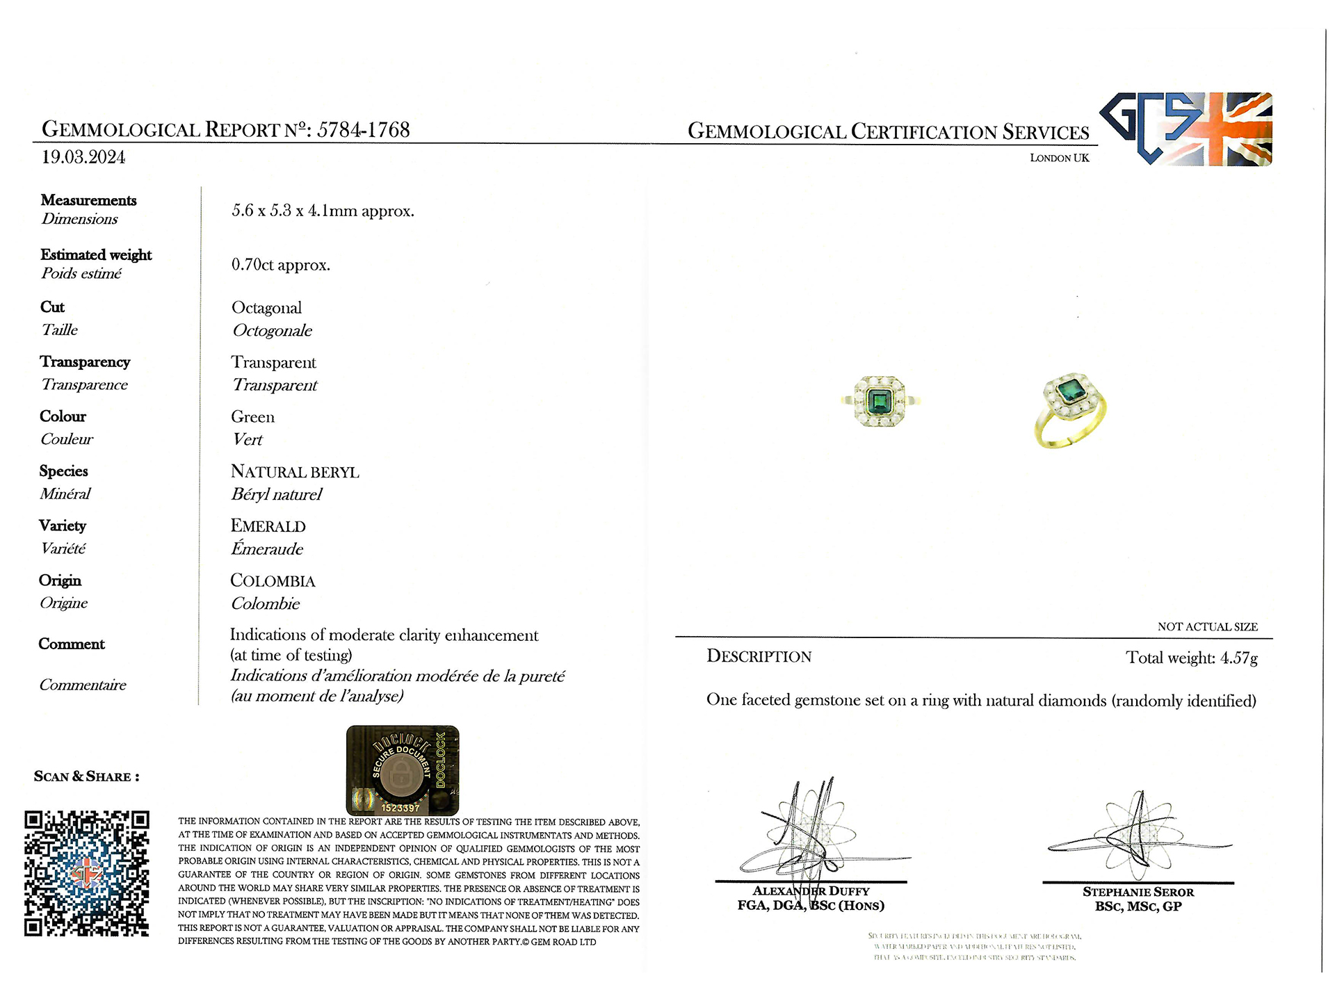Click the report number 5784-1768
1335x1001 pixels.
tap(363, 130)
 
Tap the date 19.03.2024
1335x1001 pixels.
tap(83, 157)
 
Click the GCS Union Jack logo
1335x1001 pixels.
tap(1186, 129)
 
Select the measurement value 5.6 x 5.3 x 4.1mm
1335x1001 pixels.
tap(323, 211)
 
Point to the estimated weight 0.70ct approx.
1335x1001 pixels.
tap(280, 265)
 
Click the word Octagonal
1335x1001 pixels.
tap(266, 308)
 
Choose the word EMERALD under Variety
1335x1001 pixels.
tap(268, 526)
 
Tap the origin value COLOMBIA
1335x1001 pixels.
tap(273, 581)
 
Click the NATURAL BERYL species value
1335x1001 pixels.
tap(295, 472)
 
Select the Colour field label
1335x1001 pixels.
tap(63, 416)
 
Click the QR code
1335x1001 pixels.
tap(87, 873)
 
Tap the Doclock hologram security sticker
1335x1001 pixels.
tap(403, 770)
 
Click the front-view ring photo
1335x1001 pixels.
tap(880, 402)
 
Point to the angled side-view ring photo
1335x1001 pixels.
tap(1069, 410)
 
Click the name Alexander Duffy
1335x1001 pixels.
tap(811, 891)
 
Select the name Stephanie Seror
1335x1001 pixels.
tap(1138, 892)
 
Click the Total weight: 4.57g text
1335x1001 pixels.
tap(1191, 658)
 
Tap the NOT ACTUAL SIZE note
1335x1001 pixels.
tap(1207, 627)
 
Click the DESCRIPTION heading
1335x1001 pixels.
tap(759, 657)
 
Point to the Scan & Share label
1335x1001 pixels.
tap(86, 776)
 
